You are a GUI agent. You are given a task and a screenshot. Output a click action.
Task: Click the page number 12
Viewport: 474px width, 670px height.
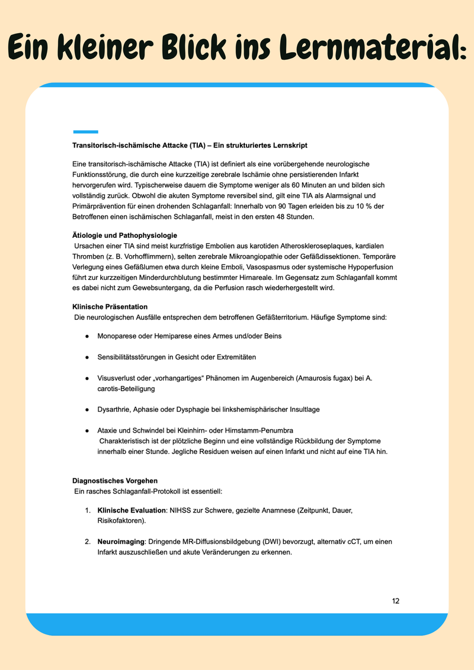coord(396,601)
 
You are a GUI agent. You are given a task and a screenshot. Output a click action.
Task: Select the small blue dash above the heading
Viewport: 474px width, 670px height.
coord(85,131)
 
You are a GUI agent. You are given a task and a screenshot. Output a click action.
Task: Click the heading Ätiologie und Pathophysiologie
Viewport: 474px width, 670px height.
coord(124,235)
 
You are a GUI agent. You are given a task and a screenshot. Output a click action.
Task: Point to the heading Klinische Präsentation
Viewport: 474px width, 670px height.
coord(110,307)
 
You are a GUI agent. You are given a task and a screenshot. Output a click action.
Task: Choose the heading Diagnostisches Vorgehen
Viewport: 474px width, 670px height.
coord(115,480)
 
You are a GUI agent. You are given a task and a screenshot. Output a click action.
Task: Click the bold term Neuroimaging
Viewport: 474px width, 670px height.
coord(121,542)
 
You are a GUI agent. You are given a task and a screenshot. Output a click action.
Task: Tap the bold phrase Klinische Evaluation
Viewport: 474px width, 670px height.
coord(132,510)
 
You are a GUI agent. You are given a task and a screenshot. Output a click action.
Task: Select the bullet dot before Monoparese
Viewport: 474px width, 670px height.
coord(87,336)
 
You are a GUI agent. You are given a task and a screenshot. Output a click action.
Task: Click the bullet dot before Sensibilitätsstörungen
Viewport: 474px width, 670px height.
coord(87,357)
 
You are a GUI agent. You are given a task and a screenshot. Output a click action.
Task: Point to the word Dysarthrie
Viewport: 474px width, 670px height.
coord(114,409)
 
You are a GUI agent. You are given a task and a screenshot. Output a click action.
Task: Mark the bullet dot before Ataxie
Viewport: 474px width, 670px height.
coord(87,430)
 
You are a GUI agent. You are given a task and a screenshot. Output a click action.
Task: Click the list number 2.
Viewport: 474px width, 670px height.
coord(87,542)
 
